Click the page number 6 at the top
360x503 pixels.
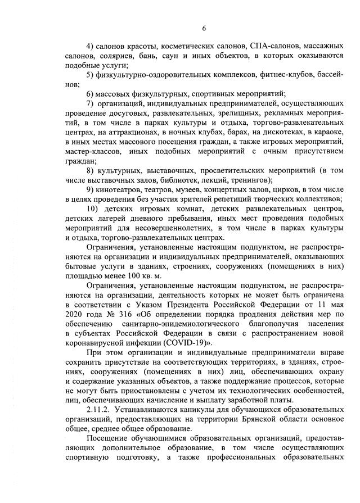tap(205, 29)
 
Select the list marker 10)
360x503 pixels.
tap(94, 209)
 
